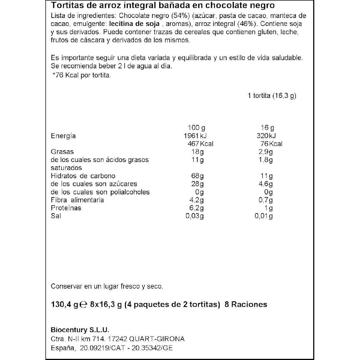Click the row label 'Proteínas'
click(66, 208)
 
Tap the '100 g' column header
click(197, 128)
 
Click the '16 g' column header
click(267, 128)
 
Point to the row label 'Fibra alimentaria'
click(77, 200)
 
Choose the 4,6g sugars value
click(266, 184)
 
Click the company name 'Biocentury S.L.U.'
click(80, 330)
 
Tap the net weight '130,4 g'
click(65, 305)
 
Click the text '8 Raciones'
click(246, 305)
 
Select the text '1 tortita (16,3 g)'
click(272, 96)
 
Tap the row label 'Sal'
click(56, 216)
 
